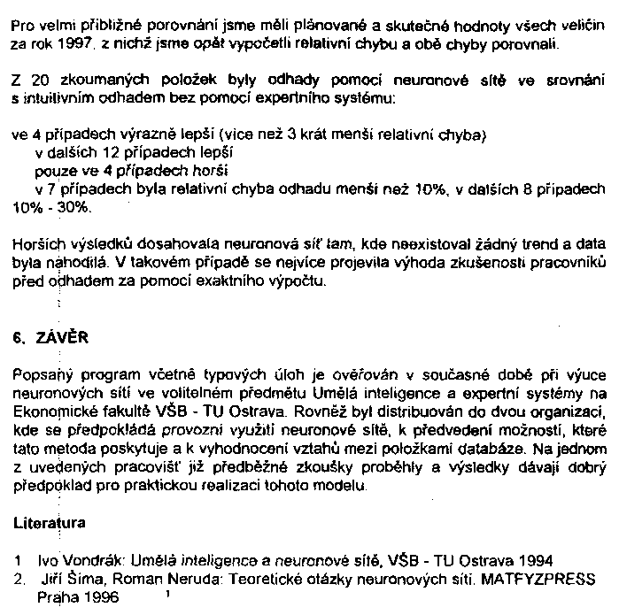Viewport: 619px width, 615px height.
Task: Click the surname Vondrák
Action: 84,560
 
